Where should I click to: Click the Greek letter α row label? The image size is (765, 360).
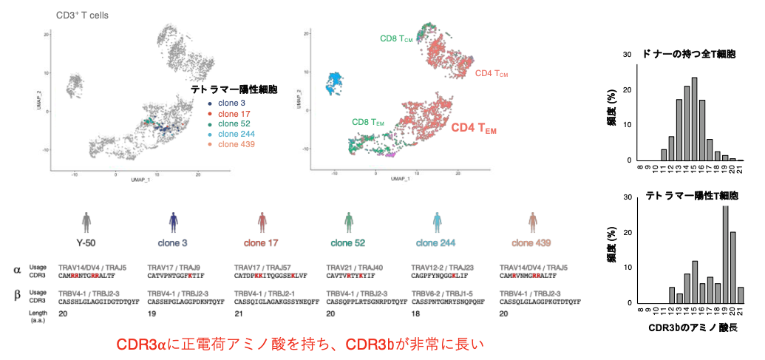pyautogui.click(x=16, y=270)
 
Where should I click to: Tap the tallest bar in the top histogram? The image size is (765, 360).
pyautogui.click(x=694, y=119)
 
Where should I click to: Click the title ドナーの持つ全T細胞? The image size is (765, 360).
pyautogui.click(x=690, y=55)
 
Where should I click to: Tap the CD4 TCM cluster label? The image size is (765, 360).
pyautogui.click(x=492, y=74)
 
